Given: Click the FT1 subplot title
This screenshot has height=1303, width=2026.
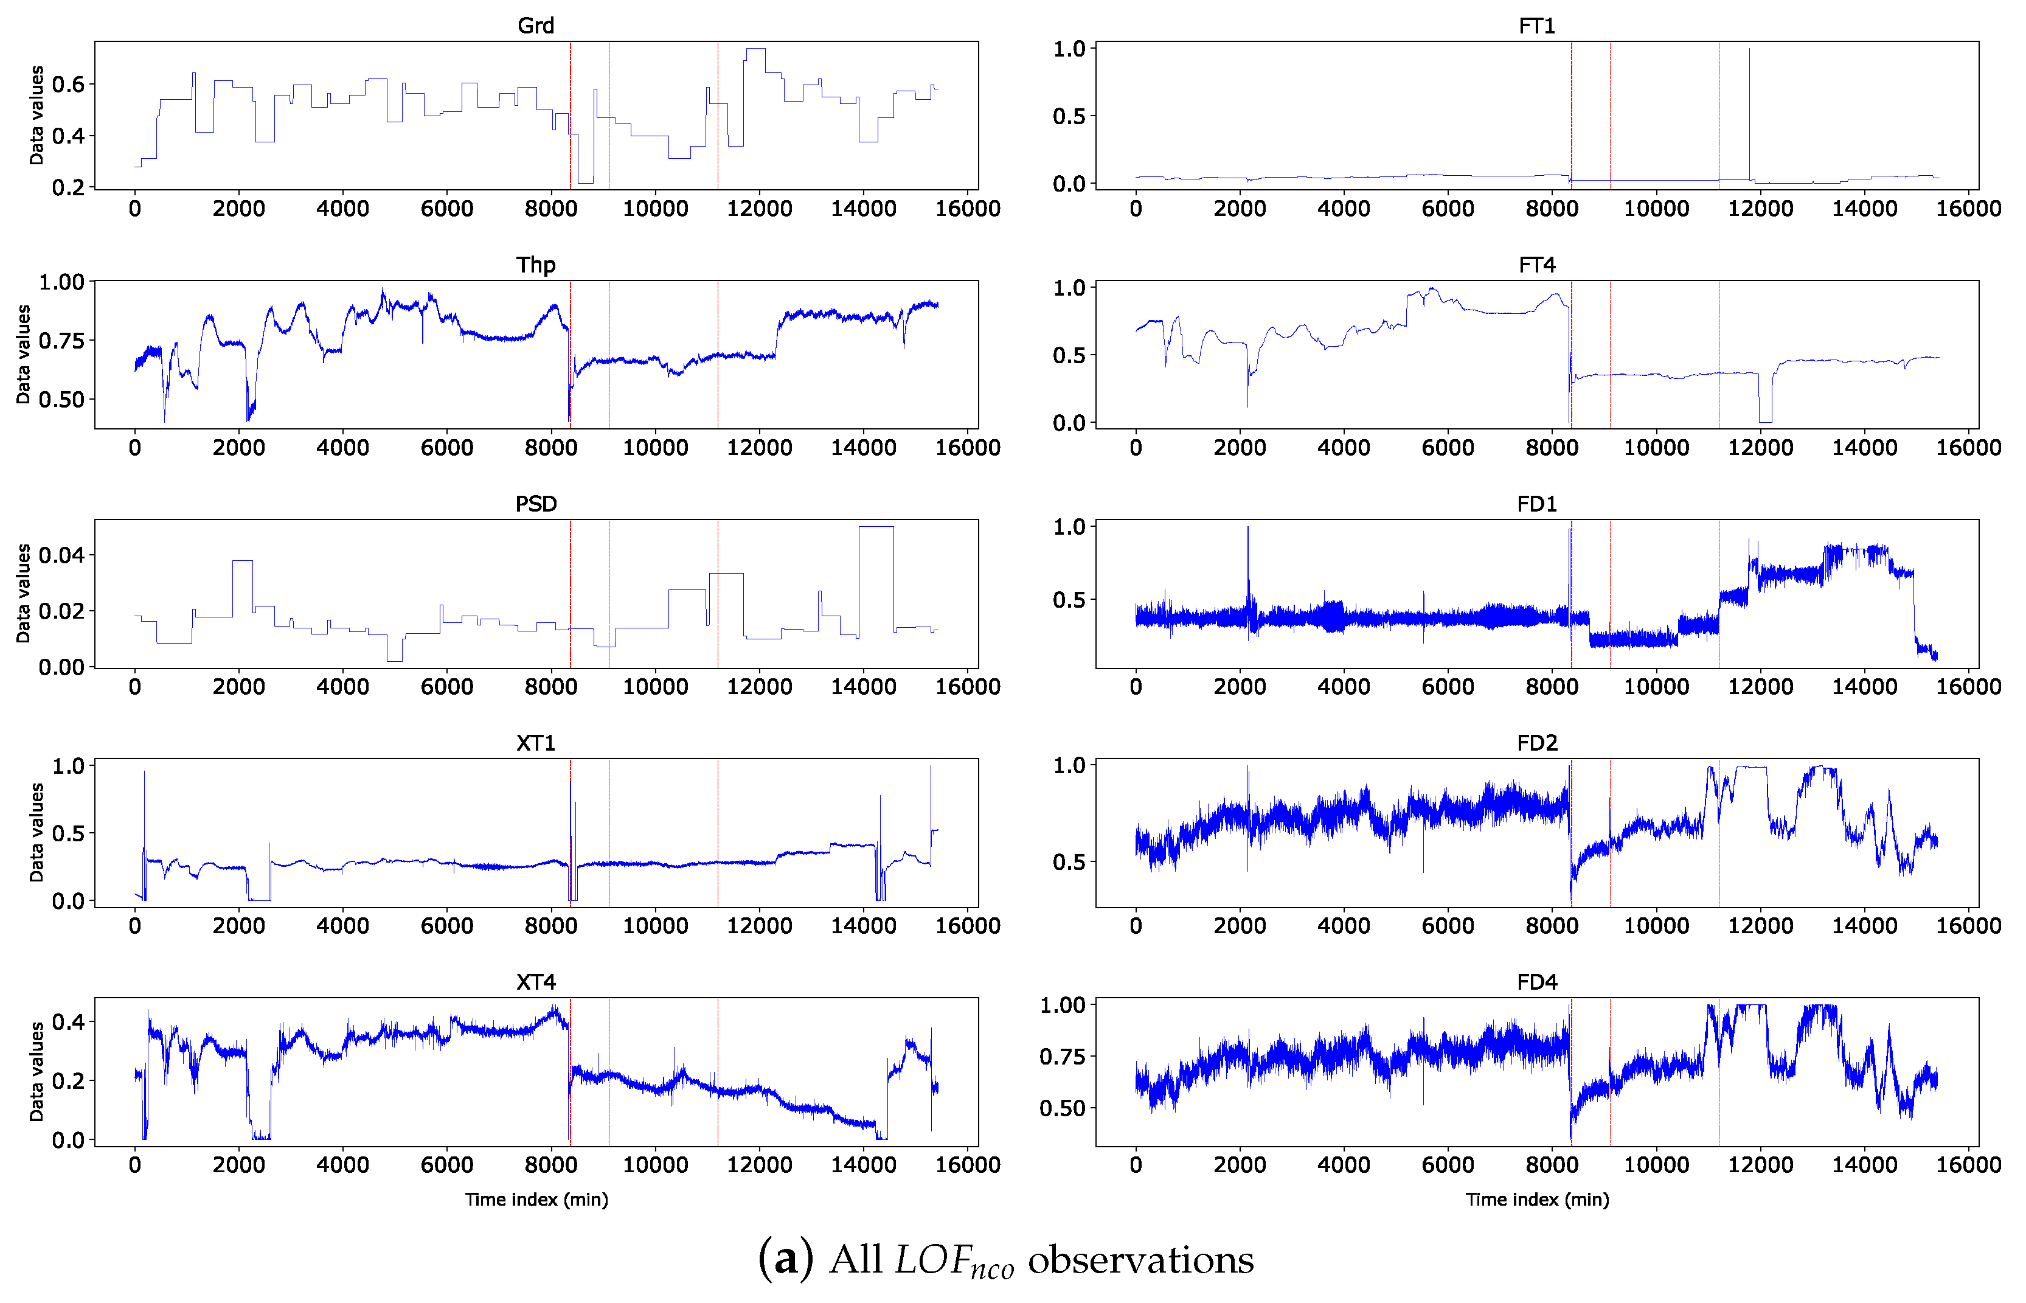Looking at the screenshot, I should [1536, 26].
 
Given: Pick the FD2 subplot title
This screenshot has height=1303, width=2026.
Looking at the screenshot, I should [1536, 743].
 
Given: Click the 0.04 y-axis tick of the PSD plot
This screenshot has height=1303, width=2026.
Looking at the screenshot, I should [61, 555].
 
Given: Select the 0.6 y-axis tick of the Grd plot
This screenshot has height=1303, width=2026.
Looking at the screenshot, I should [68, 84].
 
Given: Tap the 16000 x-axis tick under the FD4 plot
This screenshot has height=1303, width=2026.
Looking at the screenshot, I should [1968, 1165].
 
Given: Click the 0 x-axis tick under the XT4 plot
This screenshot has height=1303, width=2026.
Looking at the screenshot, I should [134, 1165].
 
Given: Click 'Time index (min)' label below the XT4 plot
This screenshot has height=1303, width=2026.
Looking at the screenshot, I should [536, 1200].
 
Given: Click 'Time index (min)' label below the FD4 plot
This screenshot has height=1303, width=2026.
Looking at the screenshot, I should [1536, 1200].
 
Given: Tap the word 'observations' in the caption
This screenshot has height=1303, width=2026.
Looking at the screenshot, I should [1140, 1260].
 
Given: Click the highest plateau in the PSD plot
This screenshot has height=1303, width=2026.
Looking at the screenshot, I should [875, 527].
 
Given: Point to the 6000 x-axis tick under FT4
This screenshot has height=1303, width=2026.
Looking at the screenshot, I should [1448, 448].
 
